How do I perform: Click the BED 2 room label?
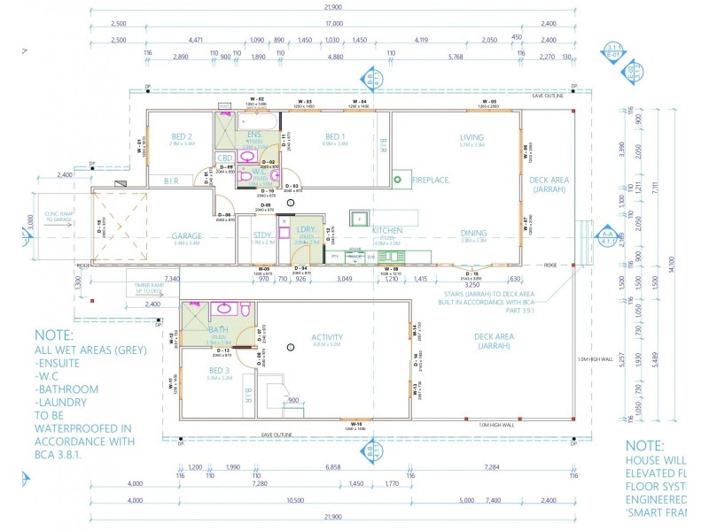pos(182,136)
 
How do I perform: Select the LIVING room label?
pos(471,136)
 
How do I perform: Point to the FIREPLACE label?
pos(432,180)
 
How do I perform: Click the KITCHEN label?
pos(387,230)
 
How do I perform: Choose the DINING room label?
pos(473,234)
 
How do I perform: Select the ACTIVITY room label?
pos(327,337)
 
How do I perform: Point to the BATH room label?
pos(219,329)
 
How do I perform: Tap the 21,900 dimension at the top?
pos(333,8)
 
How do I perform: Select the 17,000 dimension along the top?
pos(333,24)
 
